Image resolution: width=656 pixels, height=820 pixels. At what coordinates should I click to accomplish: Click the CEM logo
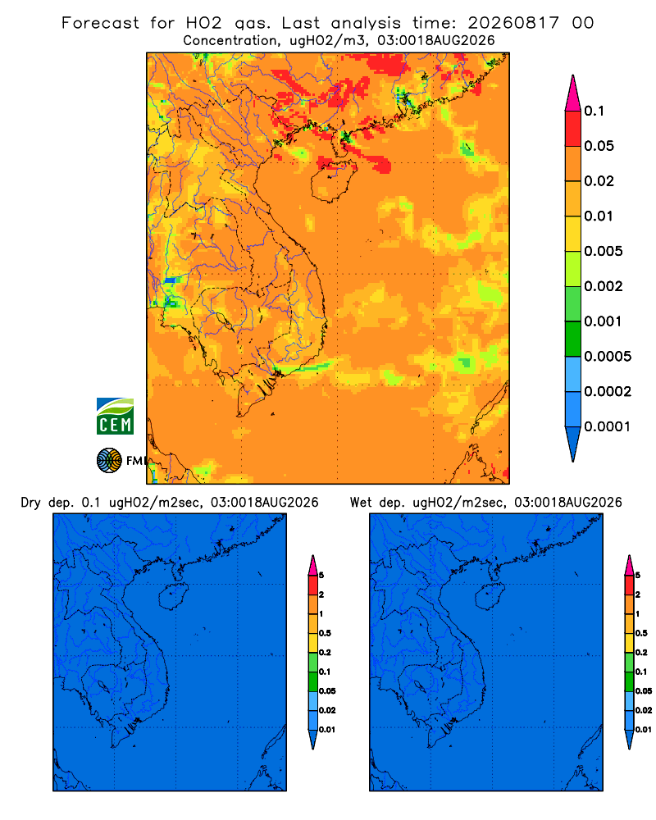[115, 416]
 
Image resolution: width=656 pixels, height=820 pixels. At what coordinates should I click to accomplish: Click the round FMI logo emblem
[109, 460]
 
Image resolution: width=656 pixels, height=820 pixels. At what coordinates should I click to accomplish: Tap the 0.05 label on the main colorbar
[599, 146]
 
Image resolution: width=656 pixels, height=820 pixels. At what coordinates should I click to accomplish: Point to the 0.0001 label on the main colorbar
[608, 426]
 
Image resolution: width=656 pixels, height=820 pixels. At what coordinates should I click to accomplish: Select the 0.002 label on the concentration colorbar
[604, 286]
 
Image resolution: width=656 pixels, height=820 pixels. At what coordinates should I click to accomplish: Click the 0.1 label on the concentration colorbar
[594, 111]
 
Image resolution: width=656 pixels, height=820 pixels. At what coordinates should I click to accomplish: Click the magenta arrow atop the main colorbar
[573, 93]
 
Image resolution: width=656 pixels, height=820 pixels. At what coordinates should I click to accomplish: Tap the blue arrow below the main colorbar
[573, 444]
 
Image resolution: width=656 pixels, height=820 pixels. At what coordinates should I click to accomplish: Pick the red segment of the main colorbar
[573, 129]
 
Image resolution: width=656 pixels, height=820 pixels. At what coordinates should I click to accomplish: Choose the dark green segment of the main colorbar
[573, 339]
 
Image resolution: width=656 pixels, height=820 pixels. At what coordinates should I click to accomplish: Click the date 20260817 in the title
[513, 23]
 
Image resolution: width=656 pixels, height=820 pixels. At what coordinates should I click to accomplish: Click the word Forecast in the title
[100, 23]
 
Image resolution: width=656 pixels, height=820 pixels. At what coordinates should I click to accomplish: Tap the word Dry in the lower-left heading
[30, 503]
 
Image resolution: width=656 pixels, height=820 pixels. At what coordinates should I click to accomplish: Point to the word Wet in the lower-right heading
[361, 503]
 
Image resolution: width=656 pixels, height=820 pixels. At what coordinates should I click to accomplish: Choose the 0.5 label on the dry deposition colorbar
[325, 633]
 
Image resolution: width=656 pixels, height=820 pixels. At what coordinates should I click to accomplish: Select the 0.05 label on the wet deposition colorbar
[644, 691]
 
